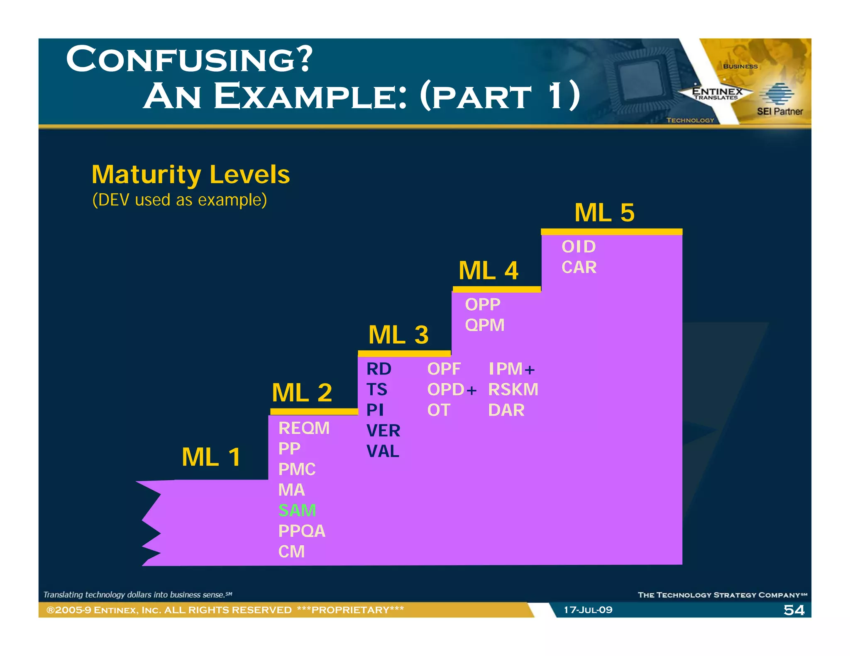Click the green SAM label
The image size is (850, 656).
click(297, 510)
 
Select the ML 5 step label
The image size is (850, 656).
click(604, 213)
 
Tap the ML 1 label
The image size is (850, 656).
click(211, 457)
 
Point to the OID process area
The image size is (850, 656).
click(579, 247)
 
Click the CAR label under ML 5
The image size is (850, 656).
click(579, 267)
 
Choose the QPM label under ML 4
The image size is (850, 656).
click(484, 325)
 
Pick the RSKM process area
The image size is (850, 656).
click(513, 389)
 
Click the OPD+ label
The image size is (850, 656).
click(452, 389)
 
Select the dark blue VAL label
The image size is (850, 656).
click(383, 451)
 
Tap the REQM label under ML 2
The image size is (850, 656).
click(304, 428)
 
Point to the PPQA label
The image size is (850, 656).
click(302, 531)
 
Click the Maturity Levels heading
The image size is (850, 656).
click(191, 174)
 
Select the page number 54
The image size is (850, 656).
click(794, 610)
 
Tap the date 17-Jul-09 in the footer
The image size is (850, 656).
click(588, 610)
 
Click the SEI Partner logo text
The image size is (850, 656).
click(779, 111)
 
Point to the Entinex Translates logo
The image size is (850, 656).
click(717, 93)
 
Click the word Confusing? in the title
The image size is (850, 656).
click(189, 59)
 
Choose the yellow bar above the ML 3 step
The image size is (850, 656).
click(404, 354)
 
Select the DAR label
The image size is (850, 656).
click(506, 410)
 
